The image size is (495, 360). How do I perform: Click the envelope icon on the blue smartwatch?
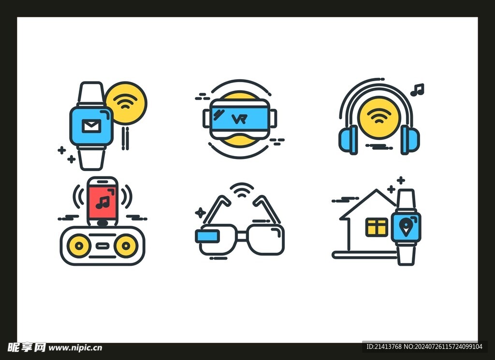91,126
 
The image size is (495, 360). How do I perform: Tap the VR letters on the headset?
239,119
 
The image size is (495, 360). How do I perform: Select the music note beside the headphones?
417,89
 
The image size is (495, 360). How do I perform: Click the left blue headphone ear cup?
348,140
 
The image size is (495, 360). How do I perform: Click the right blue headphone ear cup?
410,140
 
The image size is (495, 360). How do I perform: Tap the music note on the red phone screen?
102,202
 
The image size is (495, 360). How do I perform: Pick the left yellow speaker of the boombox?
79,245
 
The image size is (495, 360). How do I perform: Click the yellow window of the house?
377,227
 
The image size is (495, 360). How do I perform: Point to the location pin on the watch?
405,227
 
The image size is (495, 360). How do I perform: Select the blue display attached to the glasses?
207,236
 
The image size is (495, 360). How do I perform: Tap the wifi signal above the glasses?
242,190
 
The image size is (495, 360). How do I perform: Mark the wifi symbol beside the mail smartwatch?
126,101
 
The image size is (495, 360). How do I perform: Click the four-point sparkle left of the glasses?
200,213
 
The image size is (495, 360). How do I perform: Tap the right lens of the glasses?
266,239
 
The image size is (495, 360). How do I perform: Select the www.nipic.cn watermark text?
75,348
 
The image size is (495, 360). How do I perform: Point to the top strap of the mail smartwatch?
91,94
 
